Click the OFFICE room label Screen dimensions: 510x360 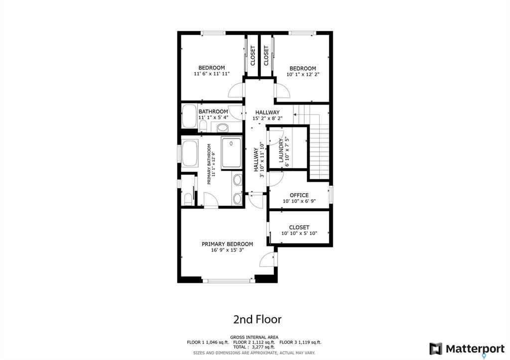coord(299,195)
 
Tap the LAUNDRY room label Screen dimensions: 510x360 coord(281,150)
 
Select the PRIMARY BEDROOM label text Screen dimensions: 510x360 coord(227,244)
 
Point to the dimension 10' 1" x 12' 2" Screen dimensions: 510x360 coord(303,74)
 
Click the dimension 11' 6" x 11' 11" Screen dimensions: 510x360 coord(212,74)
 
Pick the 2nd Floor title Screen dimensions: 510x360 coord(257,319)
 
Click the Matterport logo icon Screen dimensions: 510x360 coord(436,349)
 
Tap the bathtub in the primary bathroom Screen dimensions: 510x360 coord(190,153)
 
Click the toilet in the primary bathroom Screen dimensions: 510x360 coord(188,199)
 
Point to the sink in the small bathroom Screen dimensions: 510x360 coord(223,126)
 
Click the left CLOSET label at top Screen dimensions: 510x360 coord(253,56)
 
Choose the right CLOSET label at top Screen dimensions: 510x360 coord(266,56)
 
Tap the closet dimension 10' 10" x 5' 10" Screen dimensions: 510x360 coord(299,233)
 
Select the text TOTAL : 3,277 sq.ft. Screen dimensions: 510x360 coord(254,347)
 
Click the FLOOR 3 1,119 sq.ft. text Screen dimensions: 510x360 coord(300,342)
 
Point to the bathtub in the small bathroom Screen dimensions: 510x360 coord(189,116)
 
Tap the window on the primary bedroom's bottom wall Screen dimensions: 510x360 coord(228,281)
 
